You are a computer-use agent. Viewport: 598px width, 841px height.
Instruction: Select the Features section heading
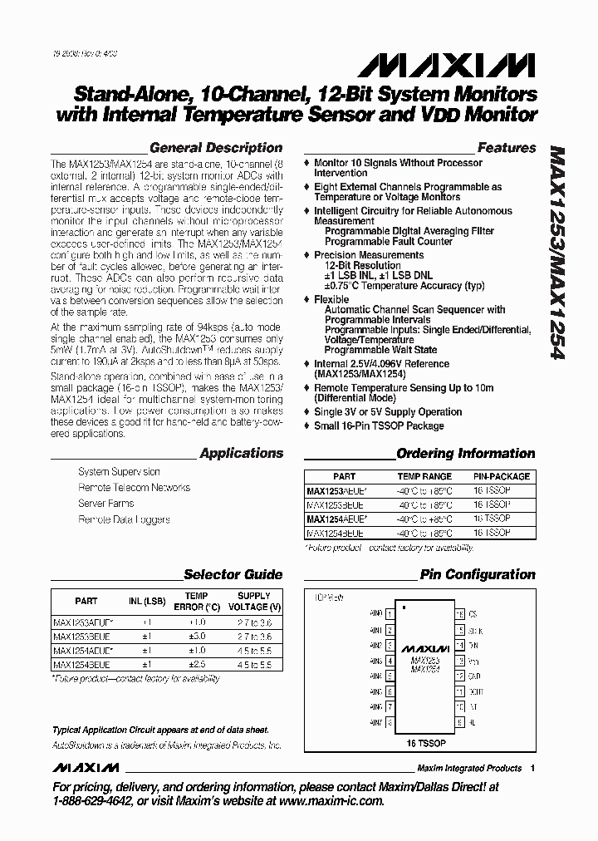pyautogui.click(x=507, y=148)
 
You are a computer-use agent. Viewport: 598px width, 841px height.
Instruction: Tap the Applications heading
pyautogui.click(x=241, y=454)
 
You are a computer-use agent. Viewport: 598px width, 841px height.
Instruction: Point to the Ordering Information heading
pyautogui.click(x=465, y=454)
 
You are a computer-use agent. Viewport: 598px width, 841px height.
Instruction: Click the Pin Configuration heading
pyautogui.click(x=478, y=574)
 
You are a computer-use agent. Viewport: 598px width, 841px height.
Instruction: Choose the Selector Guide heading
pyautogui.click(x=233, y=574)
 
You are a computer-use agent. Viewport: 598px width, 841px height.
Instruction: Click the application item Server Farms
pyautogui.click(x=106, y=504)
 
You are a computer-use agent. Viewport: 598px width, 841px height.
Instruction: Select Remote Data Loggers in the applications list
pyautogui.click(x=124, y=519)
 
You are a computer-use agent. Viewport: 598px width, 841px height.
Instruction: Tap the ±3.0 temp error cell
pyautogui.click(x=196, y=636)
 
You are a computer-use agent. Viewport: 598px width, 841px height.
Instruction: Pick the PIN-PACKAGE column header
pyautogui.click(x=502, y=477)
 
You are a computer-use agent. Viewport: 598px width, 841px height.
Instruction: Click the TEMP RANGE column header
pyautogui.click(x=424, y=477)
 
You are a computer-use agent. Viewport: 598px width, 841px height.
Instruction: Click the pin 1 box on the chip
pyautogui.click(x=389, y=615)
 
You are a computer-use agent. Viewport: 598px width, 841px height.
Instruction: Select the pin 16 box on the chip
pyautogui.click(x=459, y=615)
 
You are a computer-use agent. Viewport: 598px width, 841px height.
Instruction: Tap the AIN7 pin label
pyautogui.click(x=375, y=722)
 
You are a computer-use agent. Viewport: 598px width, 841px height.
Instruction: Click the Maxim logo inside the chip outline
pyautogui.click(x=424, y=647)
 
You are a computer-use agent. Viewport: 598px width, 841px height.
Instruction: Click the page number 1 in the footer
pyautogui.click(x=532, y=768)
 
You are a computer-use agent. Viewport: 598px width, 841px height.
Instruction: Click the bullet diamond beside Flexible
pyautogui.click(x=307, y=299)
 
